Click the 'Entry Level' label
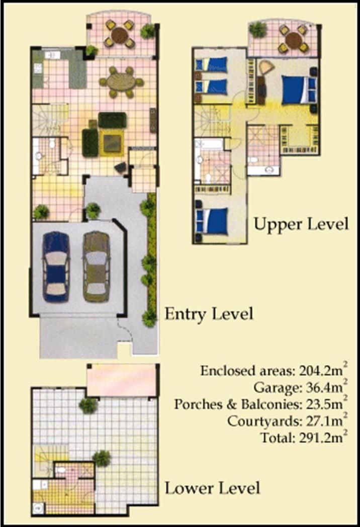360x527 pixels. [209, 314]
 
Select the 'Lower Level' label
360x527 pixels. [213, 488]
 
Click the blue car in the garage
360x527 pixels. [56, 267]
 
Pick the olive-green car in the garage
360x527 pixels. [97, 267]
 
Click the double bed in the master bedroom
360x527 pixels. [299, 90]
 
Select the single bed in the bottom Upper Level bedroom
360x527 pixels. [212, 221]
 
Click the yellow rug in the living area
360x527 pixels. [111, 142]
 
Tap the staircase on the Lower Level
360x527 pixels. [44, 461]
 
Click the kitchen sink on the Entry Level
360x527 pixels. [53, 55]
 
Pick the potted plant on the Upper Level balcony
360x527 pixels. [257, 30]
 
